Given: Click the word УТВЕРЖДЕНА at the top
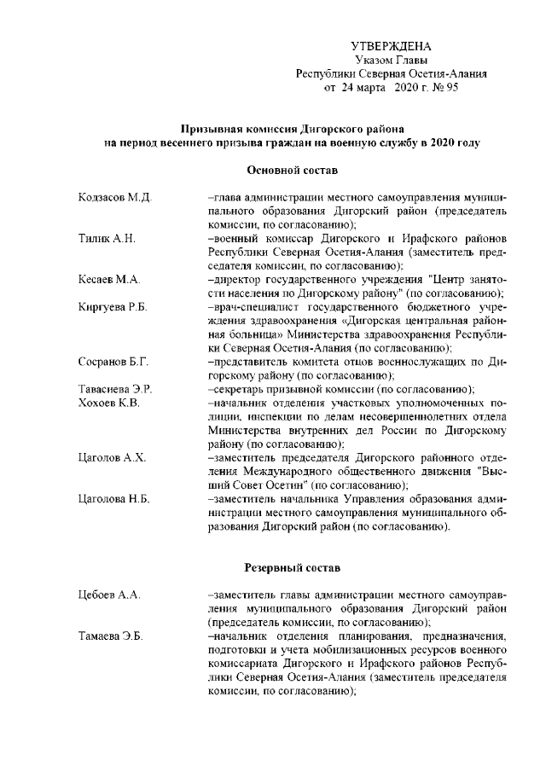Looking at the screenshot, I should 391,46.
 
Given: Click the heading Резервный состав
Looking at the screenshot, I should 282,567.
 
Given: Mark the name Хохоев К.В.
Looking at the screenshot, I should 108,403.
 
